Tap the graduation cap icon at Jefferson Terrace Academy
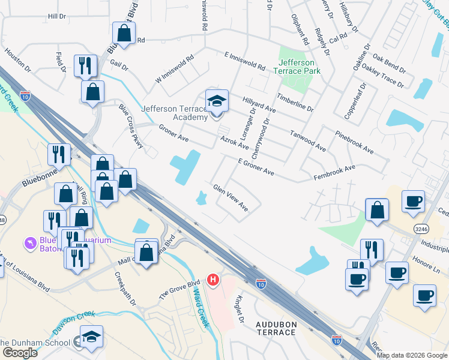coord(217,100)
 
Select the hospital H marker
coord(212,279)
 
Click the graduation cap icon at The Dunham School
coord(91,337)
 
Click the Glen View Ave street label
coord(231,197)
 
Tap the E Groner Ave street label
coord(256,167)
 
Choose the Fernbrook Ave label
coord(334,173)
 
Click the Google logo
coord(20,353)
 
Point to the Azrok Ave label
coord(234,142)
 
